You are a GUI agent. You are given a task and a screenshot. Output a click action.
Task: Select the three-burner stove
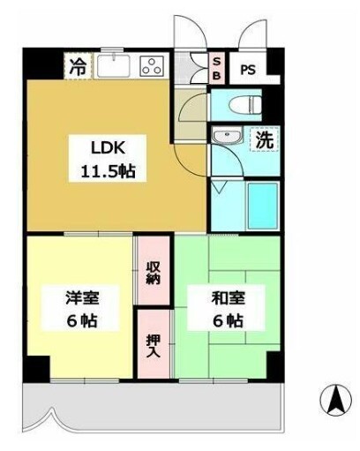pos(151,64)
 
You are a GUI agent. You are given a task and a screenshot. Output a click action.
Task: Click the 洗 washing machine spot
pos(263,139)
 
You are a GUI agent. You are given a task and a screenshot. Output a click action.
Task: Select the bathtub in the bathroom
pos(261,206)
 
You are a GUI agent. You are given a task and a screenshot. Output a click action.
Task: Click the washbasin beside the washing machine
pos(226,139)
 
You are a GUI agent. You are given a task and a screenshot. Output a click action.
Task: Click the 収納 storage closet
pos(152,271)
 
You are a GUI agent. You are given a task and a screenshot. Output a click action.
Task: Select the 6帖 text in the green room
pos(226,320)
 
